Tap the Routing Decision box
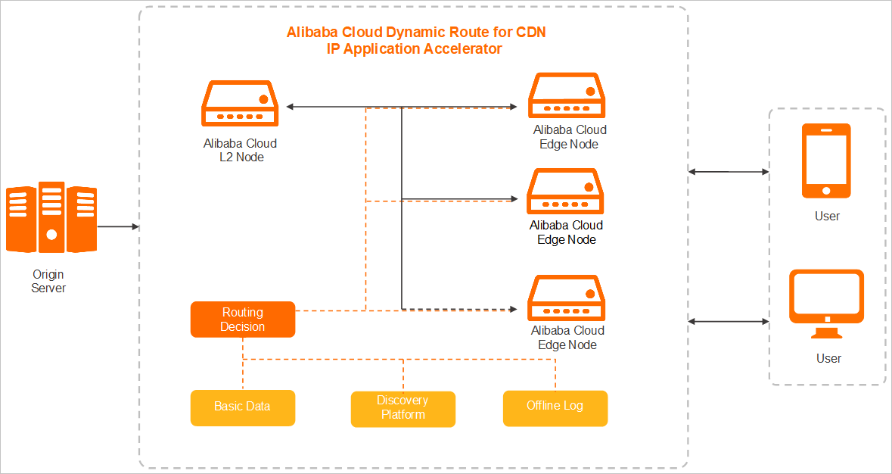point(242,320)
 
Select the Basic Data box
point(242,407)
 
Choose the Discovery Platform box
point(403,408)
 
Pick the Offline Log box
point(555,407)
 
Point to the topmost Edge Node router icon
point(567,95)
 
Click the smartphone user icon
point(826,161)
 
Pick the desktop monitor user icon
point(826,304)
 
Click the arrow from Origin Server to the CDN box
point(117,226)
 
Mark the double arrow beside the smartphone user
point(729,172)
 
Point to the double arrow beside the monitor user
point(729,322)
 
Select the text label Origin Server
point(48,281)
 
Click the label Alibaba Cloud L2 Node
point(240,150)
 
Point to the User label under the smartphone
point(827,217)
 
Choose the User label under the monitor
point(828,358)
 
